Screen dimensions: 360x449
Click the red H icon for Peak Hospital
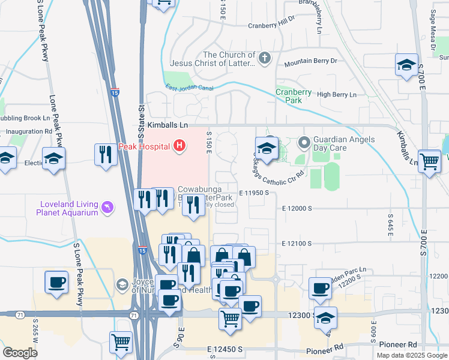pos(179,145)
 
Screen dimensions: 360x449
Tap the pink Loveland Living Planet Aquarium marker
pos(107,207)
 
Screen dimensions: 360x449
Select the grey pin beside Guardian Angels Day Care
pos(304,143)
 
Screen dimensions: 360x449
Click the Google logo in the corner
pos(20,353)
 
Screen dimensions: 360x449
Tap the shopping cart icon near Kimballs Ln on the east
pos(429,161)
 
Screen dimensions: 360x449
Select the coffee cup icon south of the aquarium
pos(58,282)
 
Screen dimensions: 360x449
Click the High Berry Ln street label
pos(336,95)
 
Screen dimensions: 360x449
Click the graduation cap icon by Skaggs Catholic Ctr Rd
pos(267,148)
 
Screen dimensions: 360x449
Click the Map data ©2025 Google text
pos(412,355)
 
